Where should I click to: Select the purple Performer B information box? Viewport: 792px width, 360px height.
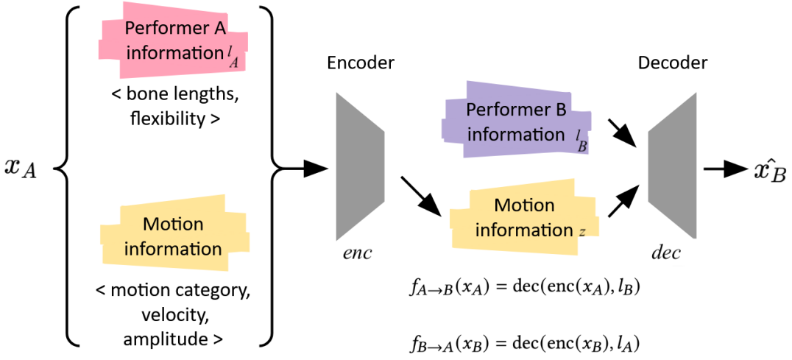point(515,122)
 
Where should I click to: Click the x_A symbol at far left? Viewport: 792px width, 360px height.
point(21,168)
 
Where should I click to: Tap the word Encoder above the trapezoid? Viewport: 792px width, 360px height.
point(361,63)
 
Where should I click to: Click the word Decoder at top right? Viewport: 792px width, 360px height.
point(672,63)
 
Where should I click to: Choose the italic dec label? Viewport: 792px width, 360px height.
point(666,253)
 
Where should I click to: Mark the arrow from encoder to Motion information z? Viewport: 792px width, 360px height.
point(421,195)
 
